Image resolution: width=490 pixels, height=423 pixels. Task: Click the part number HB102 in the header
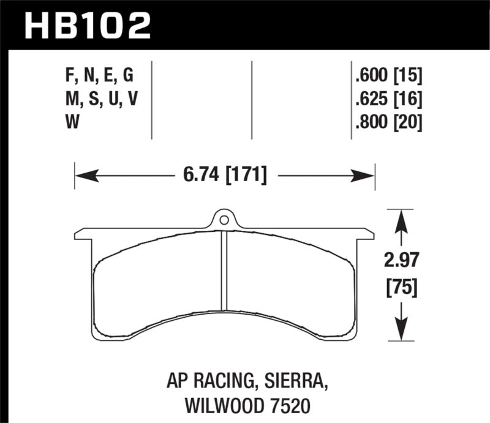[x=86, y=25]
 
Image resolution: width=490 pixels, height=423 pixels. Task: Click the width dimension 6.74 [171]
[x=224, y=176]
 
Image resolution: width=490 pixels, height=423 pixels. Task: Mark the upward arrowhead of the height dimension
[x=401, y=219]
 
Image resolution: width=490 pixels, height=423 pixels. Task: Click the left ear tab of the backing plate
[x=83, y=234]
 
